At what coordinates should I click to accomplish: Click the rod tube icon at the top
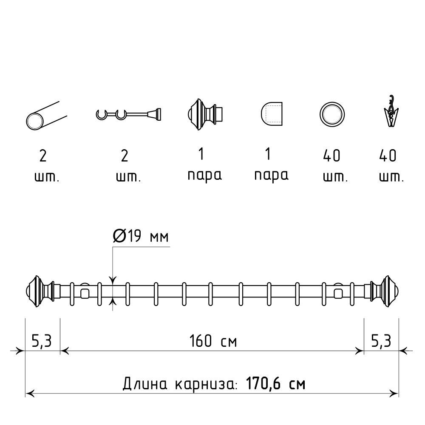click(x=46, y=116)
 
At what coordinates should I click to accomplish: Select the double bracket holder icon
click(x=128, y=114)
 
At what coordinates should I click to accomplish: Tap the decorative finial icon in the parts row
click(x=205, y=114)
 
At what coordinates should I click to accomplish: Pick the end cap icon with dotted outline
click(x=271, y=114)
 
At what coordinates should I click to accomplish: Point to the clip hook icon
click(x=391, y=111)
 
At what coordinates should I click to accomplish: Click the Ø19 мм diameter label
click(x=141, y=236)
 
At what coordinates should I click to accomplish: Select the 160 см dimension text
click(x=213, y=341)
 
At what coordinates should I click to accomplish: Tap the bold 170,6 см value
click(x=275, y=384)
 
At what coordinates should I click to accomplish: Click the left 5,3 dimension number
click(x=42, y=341)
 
